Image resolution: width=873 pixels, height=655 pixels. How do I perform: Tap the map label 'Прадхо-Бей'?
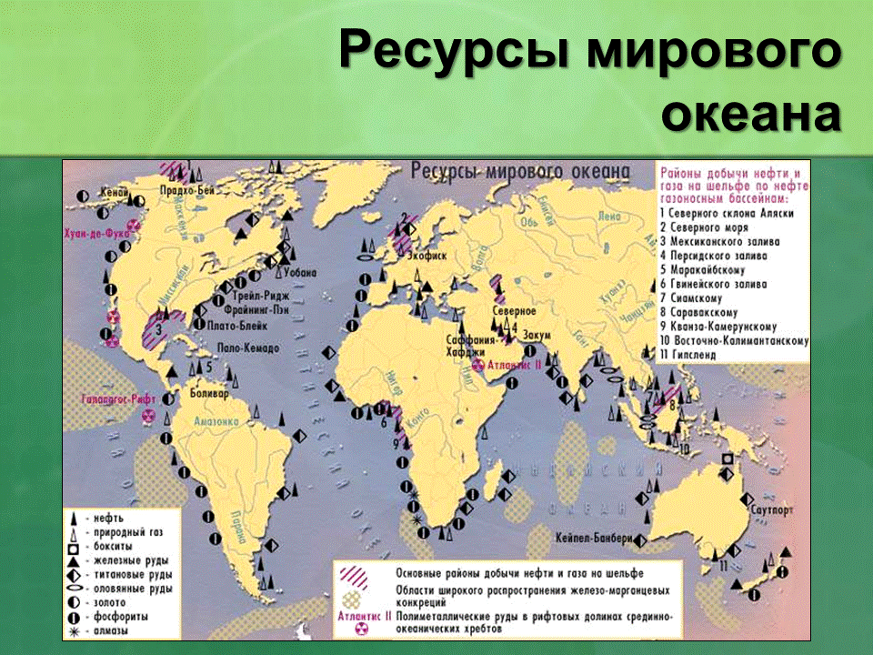(x=187, y=190)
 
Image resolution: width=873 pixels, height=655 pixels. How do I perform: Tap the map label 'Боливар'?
(x=212, y=394)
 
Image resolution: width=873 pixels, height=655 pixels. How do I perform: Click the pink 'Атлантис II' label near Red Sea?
(x=515, y=363)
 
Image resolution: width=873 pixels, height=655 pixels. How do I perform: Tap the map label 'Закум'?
(x=537, y=334)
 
